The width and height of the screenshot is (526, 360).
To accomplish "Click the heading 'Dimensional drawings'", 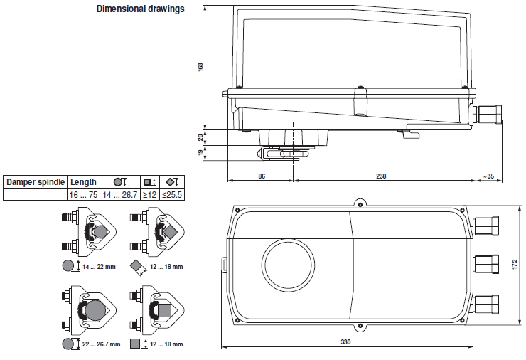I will click(140, 9).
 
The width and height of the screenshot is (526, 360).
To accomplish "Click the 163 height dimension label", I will click(201, 67).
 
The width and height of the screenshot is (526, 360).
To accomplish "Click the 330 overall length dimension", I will click(345, 342).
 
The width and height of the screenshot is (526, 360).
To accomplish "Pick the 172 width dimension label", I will click(514, 264).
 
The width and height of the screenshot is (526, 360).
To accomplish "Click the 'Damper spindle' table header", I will click(36, 182).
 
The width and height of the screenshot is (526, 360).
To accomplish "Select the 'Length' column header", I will click(83, 182).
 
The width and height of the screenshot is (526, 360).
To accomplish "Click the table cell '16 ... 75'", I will click(83, 194).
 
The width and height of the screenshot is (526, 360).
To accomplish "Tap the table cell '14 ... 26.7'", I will click(119, 194).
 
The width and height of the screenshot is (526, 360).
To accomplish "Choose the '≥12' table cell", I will click(149, 194).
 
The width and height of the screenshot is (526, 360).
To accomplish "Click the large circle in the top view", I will click(288, 263).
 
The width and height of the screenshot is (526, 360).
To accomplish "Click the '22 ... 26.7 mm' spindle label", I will click(100, 344).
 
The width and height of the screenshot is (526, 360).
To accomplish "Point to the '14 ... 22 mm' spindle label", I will click(98, 266).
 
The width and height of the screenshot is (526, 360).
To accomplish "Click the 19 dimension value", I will click(201, 152).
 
